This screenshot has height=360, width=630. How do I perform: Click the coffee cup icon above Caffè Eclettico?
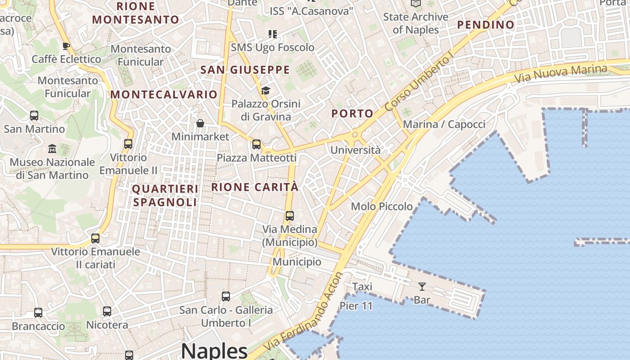(x=66, y=46)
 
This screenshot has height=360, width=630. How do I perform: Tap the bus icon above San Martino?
(x=34, y=116)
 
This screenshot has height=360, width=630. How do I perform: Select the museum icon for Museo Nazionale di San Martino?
(x=52, y=148)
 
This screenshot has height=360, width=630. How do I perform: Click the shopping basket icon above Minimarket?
(x=200, y=123)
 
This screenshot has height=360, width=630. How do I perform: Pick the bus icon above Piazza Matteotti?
(x=256, y=144)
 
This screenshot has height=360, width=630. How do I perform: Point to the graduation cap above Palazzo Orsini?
(x=265, y=91)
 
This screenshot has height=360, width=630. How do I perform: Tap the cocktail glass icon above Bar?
(x=422, y=287)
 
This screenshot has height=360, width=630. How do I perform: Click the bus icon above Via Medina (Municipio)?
(x=290, y=216)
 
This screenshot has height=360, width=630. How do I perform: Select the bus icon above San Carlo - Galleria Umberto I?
(x=226, y=297)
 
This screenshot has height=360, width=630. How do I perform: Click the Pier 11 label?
(x=356, y=306)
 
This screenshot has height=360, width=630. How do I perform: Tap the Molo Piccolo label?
(x=382, y=207)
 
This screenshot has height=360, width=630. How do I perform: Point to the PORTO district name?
(x=352, y=114)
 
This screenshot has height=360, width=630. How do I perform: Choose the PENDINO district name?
(x=486, y=25)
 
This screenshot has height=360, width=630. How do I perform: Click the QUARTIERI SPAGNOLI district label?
(x=165, y=195)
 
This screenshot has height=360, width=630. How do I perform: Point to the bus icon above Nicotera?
(x=107, y=311)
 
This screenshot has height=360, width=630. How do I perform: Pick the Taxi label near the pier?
(x=362, y=287)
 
